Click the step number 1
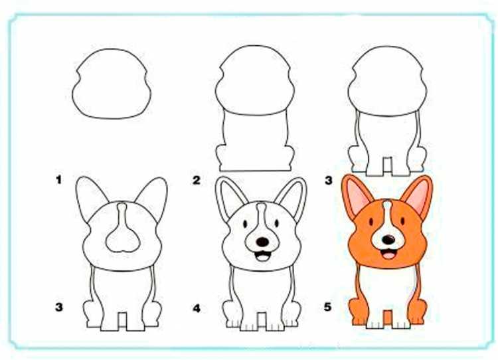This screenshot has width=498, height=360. click(x=58, y=180)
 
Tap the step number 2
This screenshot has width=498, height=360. click(x=197, y=180)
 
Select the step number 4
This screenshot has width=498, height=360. click(x=197, y=308)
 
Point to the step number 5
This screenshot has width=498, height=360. click(x=328, y=307)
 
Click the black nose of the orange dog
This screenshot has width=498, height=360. click(x=388, y=240)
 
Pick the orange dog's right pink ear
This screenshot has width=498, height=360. click(x=418, y=195)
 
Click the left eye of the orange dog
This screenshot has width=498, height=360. click(x=371, y=221)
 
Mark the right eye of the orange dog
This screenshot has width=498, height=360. click(x=402, y=221)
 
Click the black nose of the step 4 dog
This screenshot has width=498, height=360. click(x=262, y=242)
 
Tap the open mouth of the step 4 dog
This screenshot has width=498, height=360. click(x=262, y=256)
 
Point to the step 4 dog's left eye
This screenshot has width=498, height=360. click(x=245, y=223)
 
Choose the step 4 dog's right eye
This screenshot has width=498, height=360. click(x=277, y=223)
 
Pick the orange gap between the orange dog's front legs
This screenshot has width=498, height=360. click(x=388, y=317)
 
